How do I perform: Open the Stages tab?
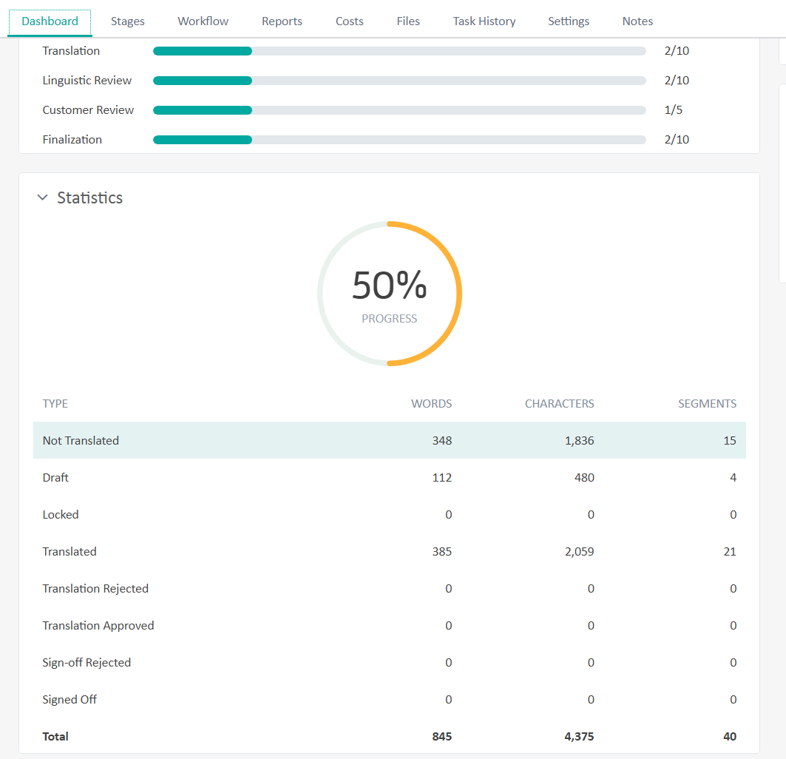[128, 21]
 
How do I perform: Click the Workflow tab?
[203, 21]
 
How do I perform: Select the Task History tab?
[484, 21]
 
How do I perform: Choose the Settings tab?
[569, 21]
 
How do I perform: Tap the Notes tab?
[637, 21]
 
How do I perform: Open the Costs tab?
[349, 21]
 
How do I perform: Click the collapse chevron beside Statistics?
[43, 198]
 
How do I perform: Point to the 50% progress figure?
[389, 286]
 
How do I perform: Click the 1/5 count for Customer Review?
[674, 110]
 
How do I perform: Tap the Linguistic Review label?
[87, 81]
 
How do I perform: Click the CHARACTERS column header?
[559, 404]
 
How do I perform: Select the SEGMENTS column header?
[707, 404]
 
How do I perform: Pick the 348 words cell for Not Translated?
[441, 441]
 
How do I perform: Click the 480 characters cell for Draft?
[583, 478]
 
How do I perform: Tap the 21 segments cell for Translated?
[729, 552]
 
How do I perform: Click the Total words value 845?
[441, 737]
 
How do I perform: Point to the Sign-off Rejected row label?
[87, 663]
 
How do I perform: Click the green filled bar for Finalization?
[203, 140]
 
